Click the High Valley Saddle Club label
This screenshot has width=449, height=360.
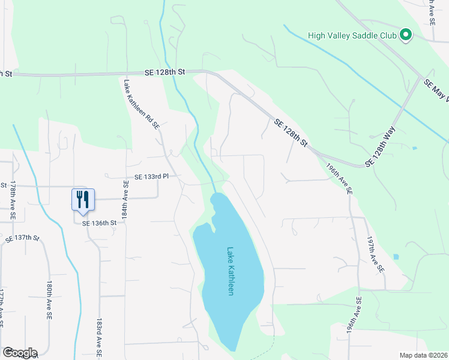352,35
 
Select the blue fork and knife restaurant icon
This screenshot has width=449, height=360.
82,199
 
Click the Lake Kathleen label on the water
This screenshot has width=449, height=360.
230,271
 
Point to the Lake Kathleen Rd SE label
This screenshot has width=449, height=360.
141,106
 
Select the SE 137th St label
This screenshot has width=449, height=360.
22,239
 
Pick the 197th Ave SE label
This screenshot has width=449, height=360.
375,254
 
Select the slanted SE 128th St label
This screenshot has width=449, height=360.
291,133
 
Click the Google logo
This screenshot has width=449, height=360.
19,353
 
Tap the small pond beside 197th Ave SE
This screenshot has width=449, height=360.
396,257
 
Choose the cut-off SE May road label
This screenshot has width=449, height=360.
436,91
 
